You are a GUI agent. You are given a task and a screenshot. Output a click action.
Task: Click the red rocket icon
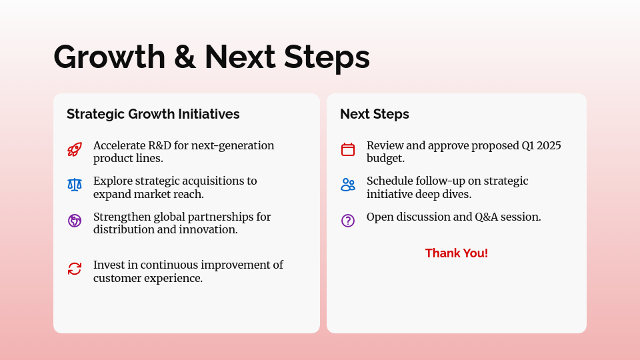point(75,149)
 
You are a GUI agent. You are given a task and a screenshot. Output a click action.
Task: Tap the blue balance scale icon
point(75,185)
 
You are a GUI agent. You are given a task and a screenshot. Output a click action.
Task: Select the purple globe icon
point(75,221)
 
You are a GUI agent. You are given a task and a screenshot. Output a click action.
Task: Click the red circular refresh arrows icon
point(75,269)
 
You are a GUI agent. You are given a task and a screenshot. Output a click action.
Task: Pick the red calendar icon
point(348,149)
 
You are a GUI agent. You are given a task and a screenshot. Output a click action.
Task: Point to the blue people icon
point(348,185)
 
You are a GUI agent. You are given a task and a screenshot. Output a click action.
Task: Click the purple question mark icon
point(348,221)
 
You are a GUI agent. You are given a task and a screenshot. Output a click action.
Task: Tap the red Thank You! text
point(457,253)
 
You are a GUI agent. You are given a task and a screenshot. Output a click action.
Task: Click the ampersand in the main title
point(185,57)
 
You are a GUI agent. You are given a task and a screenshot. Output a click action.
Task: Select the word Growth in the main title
point(109,57)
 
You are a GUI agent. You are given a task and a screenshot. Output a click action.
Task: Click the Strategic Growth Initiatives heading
point(153,114)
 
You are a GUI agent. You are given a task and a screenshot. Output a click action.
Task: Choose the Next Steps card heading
point(375,114)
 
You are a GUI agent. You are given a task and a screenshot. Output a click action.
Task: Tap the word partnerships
point(221,217)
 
